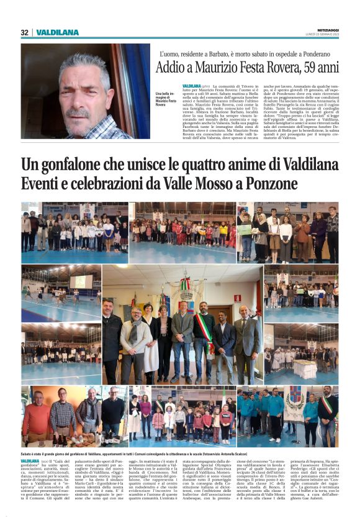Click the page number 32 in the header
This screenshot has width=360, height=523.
(x=25, y=32)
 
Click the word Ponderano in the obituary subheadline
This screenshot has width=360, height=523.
(x=317, y=55)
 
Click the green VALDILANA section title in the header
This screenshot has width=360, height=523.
(x=58, y=32)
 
